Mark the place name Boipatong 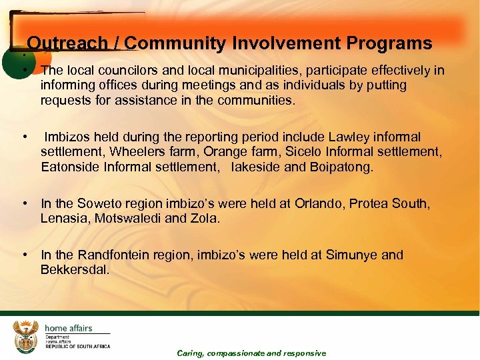click(x=340, y=167)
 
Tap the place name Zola click(x=204, y=218)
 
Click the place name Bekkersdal click(x=73, y=269)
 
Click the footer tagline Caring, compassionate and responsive click(x=251, y=353)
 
